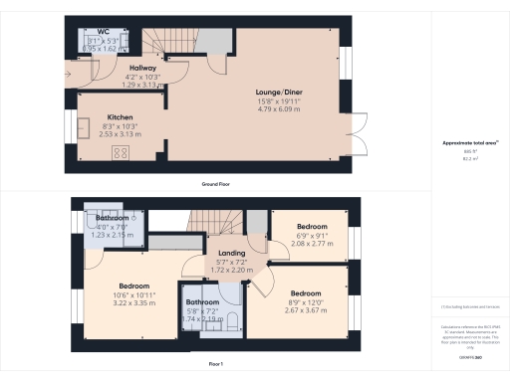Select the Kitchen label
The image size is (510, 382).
[120, 116]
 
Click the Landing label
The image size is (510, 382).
[231, 252]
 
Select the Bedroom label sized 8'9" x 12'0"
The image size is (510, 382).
[305, 293]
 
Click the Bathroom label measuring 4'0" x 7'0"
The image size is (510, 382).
[112, 217]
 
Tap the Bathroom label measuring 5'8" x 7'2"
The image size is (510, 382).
[202, 302]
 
